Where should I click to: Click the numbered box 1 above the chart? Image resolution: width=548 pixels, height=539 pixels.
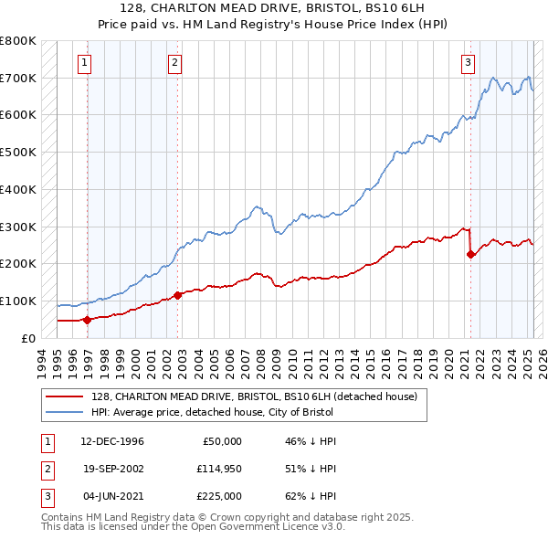84,63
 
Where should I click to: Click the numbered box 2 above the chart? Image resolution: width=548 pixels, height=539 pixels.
174,63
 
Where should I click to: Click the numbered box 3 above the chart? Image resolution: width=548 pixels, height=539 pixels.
467,63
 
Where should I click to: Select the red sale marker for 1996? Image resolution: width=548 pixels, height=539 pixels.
88,320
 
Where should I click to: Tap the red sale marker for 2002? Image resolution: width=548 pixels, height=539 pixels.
177,295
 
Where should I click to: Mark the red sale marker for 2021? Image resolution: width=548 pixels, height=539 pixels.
470,255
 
